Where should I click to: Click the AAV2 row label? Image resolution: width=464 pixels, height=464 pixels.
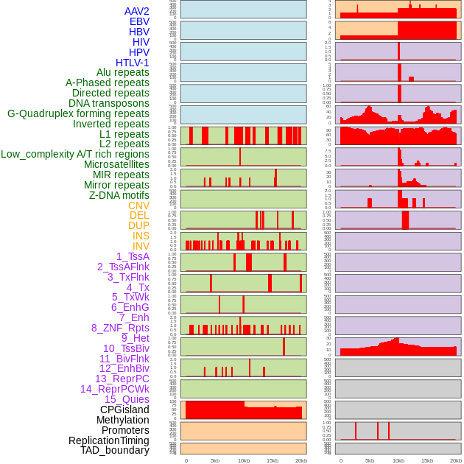137,11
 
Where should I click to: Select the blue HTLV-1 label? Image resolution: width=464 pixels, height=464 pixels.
133,63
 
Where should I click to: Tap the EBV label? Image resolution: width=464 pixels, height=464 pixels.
139,21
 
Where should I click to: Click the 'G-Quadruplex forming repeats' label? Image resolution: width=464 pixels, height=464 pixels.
78,113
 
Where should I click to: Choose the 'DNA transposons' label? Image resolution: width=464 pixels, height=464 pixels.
109,103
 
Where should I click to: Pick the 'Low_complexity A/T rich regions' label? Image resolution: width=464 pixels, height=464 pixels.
75,154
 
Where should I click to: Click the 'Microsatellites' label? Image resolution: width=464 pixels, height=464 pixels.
116,164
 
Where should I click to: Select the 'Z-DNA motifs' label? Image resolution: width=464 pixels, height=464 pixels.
119,195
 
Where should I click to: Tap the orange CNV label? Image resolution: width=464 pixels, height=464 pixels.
138,205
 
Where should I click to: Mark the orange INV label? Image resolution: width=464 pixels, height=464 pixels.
141,246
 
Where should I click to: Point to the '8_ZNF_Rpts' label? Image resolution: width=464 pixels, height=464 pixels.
120,328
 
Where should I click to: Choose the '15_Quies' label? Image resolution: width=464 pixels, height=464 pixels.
127,399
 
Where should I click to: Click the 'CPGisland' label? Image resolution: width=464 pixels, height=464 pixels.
124,409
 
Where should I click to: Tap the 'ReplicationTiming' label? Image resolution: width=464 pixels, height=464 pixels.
108,440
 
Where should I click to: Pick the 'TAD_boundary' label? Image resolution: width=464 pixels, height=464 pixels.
115,450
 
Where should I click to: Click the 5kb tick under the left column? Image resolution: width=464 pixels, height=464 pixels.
215,460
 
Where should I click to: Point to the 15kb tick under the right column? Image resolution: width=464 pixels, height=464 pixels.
426,460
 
